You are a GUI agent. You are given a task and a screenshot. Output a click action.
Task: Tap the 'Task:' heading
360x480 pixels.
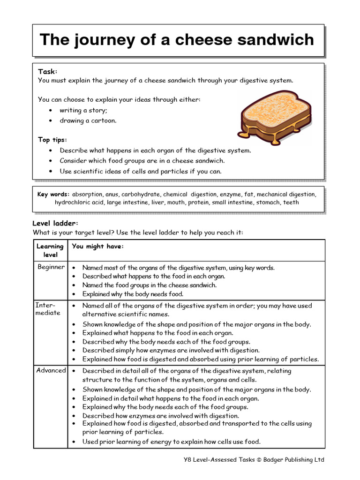point(47,72)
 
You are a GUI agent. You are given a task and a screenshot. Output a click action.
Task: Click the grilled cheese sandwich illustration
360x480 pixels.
point(275,118)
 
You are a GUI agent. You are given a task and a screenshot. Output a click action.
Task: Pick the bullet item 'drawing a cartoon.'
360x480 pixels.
point(88,120)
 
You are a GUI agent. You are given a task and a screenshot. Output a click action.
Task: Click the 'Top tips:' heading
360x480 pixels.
point(52,140)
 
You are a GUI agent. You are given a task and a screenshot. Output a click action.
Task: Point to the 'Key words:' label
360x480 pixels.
point(53,194)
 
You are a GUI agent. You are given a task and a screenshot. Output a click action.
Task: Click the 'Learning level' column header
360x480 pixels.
point(50,250)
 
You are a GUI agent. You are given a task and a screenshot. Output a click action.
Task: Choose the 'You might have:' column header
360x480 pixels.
point(98,247)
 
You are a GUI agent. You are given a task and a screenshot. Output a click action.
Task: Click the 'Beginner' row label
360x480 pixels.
point(51,267)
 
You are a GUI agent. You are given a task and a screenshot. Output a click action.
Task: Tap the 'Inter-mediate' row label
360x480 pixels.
point(48,309)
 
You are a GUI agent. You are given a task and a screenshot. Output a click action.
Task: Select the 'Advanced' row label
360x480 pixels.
point(51,370)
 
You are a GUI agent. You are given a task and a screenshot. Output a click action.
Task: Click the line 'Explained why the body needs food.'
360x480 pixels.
point(133,294)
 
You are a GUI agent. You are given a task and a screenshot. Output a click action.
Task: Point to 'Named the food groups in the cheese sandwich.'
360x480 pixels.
point(150,285)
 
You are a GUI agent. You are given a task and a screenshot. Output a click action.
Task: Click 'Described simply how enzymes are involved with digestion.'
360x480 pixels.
point(171,350)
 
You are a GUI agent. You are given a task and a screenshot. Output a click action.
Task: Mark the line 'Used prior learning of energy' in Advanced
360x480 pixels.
point(171,442)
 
